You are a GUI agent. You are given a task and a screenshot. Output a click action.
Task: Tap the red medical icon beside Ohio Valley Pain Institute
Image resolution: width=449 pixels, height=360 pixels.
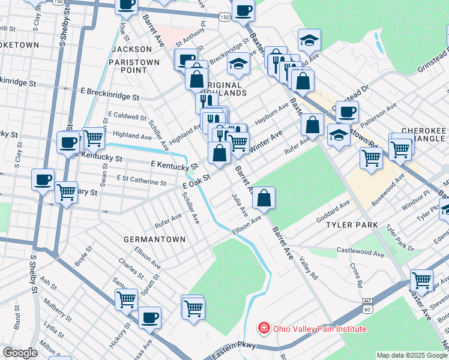point(263,328)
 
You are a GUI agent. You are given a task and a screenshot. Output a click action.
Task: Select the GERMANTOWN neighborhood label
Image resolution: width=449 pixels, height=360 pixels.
point(154,239)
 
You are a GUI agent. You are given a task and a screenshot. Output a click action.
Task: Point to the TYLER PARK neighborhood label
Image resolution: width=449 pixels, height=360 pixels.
point(352,225)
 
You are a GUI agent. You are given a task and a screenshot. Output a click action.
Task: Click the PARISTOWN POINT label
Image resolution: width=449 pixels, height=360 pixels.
point(134,66)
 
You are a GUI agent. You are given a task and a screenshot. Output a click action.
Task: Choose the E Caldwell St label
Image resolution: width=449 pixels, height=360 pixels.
point(127,116)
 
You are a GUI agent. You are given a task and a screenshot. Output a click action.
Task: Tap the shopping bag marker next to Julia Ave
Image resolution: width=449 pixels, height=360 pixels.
point(264,197)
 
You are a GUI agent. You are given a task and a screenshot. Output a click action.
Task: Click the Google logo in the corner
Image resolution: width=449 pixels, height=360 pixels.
point(20,353)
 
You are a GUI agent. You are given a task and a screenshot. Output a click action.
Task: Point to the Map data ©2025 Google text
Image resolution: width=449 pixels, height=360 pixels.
point(411,355)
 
